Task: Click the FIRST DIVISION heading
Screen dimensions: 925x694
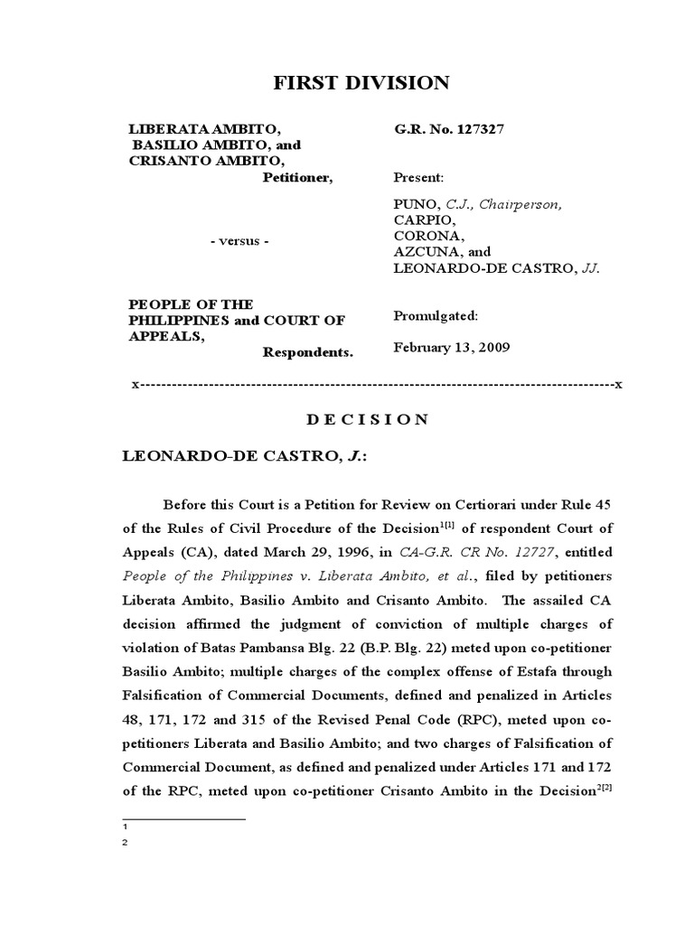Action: [x=361, y=84]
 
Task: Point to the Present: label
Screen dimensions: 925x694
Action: [x=418, y=178]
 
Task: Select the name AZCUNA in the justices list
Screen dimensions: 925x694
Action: [x=423, y=252]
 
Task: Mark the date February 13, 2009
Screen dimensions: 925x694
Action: [x=451, y=347]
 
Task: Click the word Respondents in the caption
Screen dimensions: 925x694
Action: [x=307, y=351]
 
